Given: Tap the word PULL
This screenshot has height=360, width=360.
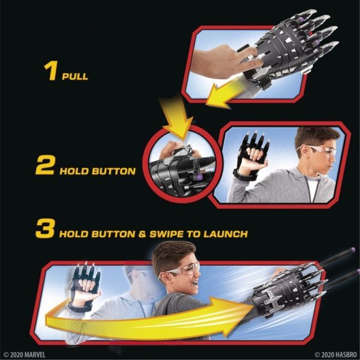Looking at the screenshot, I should (x=75, y=77).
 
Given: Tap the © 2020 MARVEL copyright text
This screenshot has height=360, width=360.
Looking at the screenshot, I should (x=25, y=354).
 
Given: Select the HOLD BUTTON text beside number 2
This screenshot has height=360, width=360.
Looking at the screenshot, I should (x=97, y=171).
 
